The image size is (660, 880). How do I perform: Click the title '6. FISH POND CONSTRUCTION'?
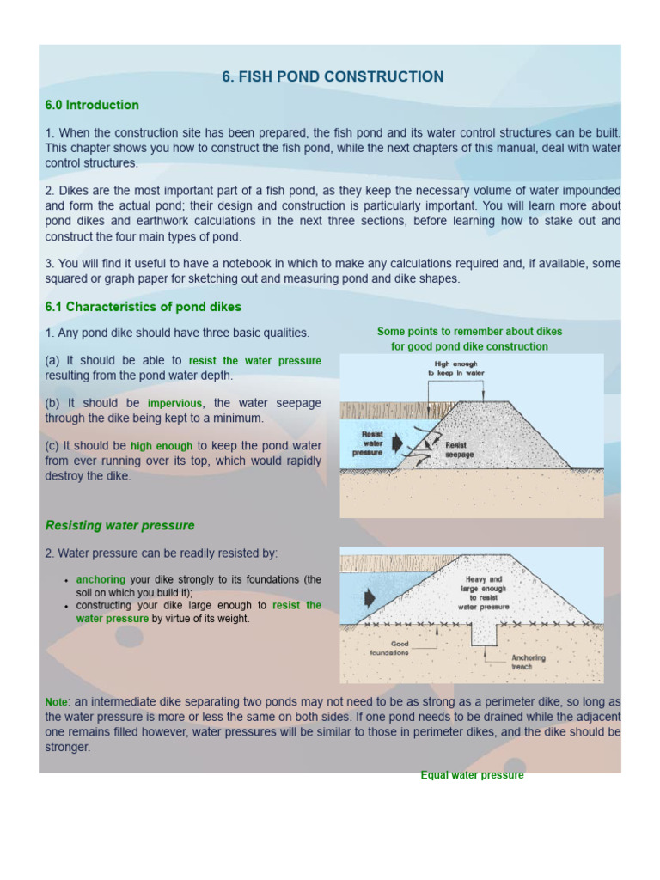[333, 77]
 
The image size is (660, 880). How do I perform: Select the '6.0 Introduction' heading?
[92, 106]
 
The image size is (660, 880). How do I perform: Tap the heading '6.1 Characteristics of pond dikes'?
[144, 307]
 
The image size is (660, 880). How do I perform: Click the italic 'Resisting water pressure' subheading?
[119, 525]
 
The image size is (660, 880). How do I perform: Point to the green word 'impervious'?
[175, 403]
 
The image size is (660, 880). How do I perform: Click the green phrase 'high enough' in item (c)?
[162, 446]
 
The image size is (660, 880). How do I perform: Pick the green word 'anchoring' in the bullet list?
[101, 580]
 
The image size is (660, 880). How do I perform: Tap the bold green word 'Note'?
[56, 702]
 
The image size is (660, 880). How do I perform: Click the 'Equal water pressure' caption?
[472, 775]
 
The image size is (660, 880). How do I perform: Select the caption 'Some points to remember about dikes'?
[469, 332]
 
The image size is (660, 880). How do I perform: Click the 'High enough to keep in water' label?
[456, 369]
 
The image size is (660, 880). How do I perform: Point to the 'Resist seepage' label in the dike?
[459, 449]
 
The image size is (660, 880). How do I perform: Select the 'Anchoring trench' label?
[528, 662]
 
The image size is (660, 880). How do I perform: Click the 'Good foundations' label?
[388, 647]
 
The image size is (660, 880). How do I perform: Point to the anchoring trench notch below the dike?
[485, 632]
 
